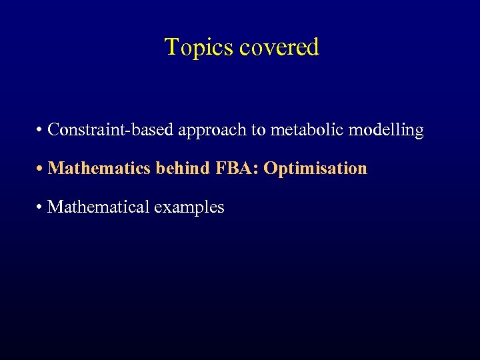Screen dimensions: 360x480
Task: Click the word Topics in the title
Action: click(198, 48)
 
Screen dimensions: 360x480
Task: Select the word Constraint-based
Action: click(110, 129)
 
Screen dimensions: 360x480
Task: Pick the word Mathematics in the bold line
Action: click(100, 168)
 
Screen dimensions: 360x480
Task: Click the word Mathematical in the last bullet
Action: click(99, 207)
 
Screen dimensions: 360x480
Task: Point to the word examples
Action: click(189, 207)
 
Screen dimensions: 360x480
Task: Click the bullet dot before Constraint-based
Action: click(41, 130)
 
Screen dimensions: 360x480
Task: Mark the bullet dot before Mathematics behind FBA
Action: click(41, 169)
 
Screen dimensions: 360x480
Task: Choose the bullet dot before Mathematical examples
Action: click(41, 207)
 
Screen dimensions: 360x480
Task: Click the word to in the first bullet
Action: click(258, 130)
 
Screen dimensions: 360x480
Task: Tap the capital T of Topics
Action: click(171, 47)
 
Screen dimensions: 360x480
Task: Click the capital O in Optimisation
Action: click(270, 168)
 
